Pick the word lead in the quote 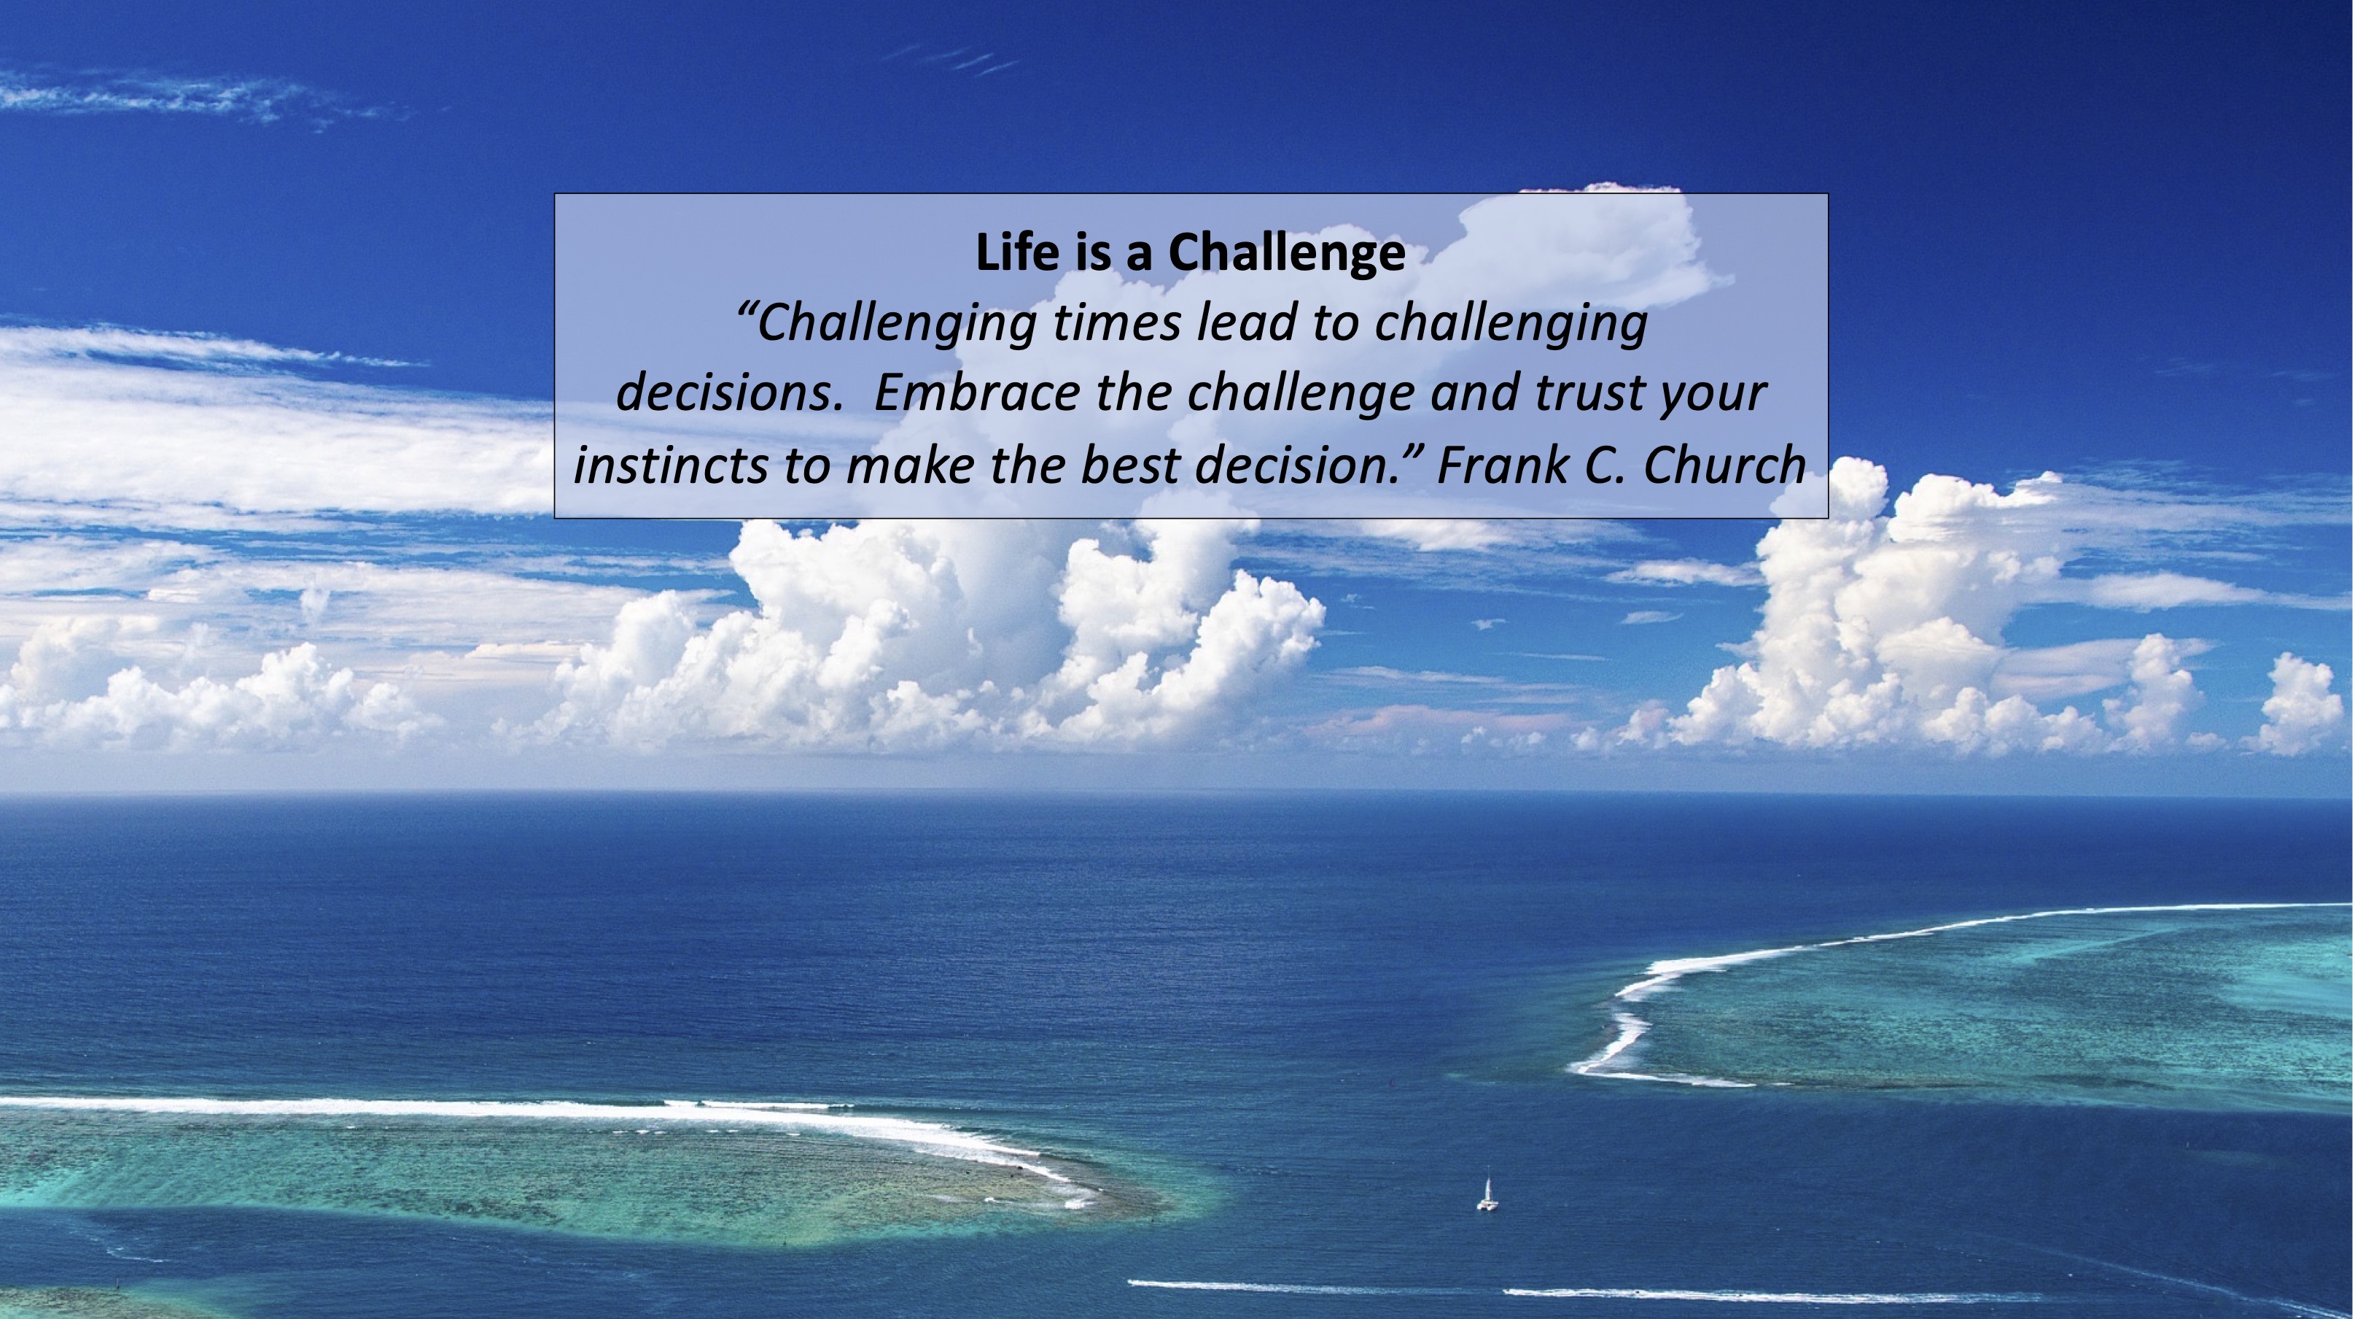(x=1248, y=322)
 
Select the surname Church (x=1724, y=465)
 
